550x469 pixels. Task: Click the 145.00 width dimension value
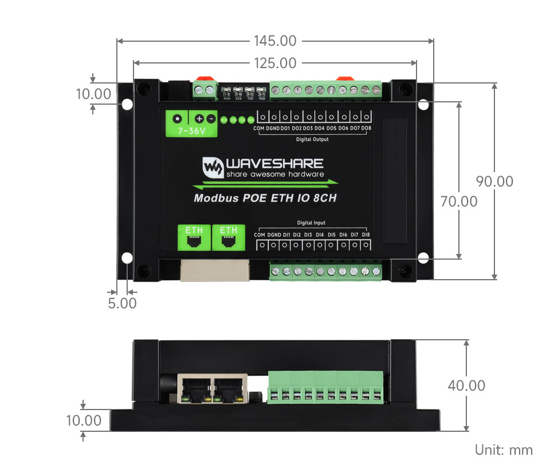(274, 41)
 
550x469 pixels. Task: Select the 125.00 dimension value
(274, 63)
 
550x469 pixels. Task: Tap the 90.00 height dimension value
(495, 181)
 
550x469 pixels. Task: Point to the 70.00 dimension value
(458, 201)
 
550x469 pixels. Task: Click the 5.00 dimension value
(123, 303)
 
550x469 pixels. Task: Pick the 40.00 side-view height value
(466, 385)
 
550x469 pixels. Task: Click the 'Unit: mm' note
(504, 450)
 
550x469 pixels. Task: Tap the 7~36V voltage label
(191, 131)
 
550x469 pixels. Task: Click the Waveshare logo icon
(213, 166)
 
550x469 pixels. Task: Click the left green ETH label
(194, 230)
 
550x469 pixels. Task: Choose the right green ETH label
(229, 230)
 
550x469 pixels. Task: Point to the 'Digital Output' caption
(312, 139)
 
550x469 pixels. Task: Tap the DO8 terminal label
(366, 128)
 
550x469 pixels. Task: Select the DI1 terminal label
(286, 234)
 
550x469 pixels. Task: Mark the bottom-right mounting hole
(423, 258)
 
